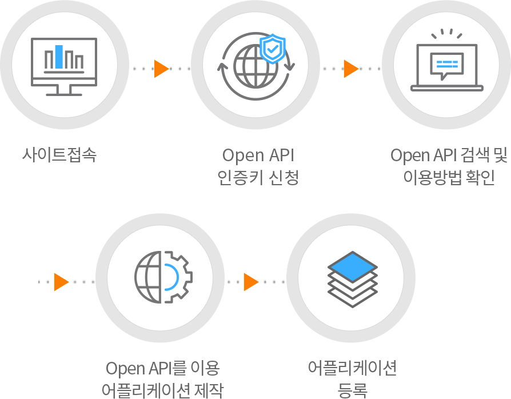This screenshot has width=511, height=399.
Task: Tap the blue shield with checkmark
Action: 272,49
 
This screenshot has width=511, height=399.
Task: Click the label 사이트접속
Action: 59,155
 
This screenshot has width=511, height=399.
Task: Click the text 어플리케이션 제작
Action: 162,390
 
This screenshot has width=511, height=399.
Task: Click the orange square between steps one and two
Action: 162,69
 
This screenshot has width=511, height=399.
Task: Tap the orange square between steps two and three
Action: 351,69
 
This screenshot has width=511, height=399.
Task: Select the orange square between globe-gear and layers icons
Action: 251,282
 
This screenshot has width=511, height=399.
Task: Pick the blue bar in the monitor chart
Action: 59,56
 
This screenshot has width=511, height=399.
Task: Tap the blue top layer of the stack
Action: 352,267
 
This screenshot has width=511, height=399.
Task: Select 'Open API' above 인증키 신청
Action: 258,155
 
